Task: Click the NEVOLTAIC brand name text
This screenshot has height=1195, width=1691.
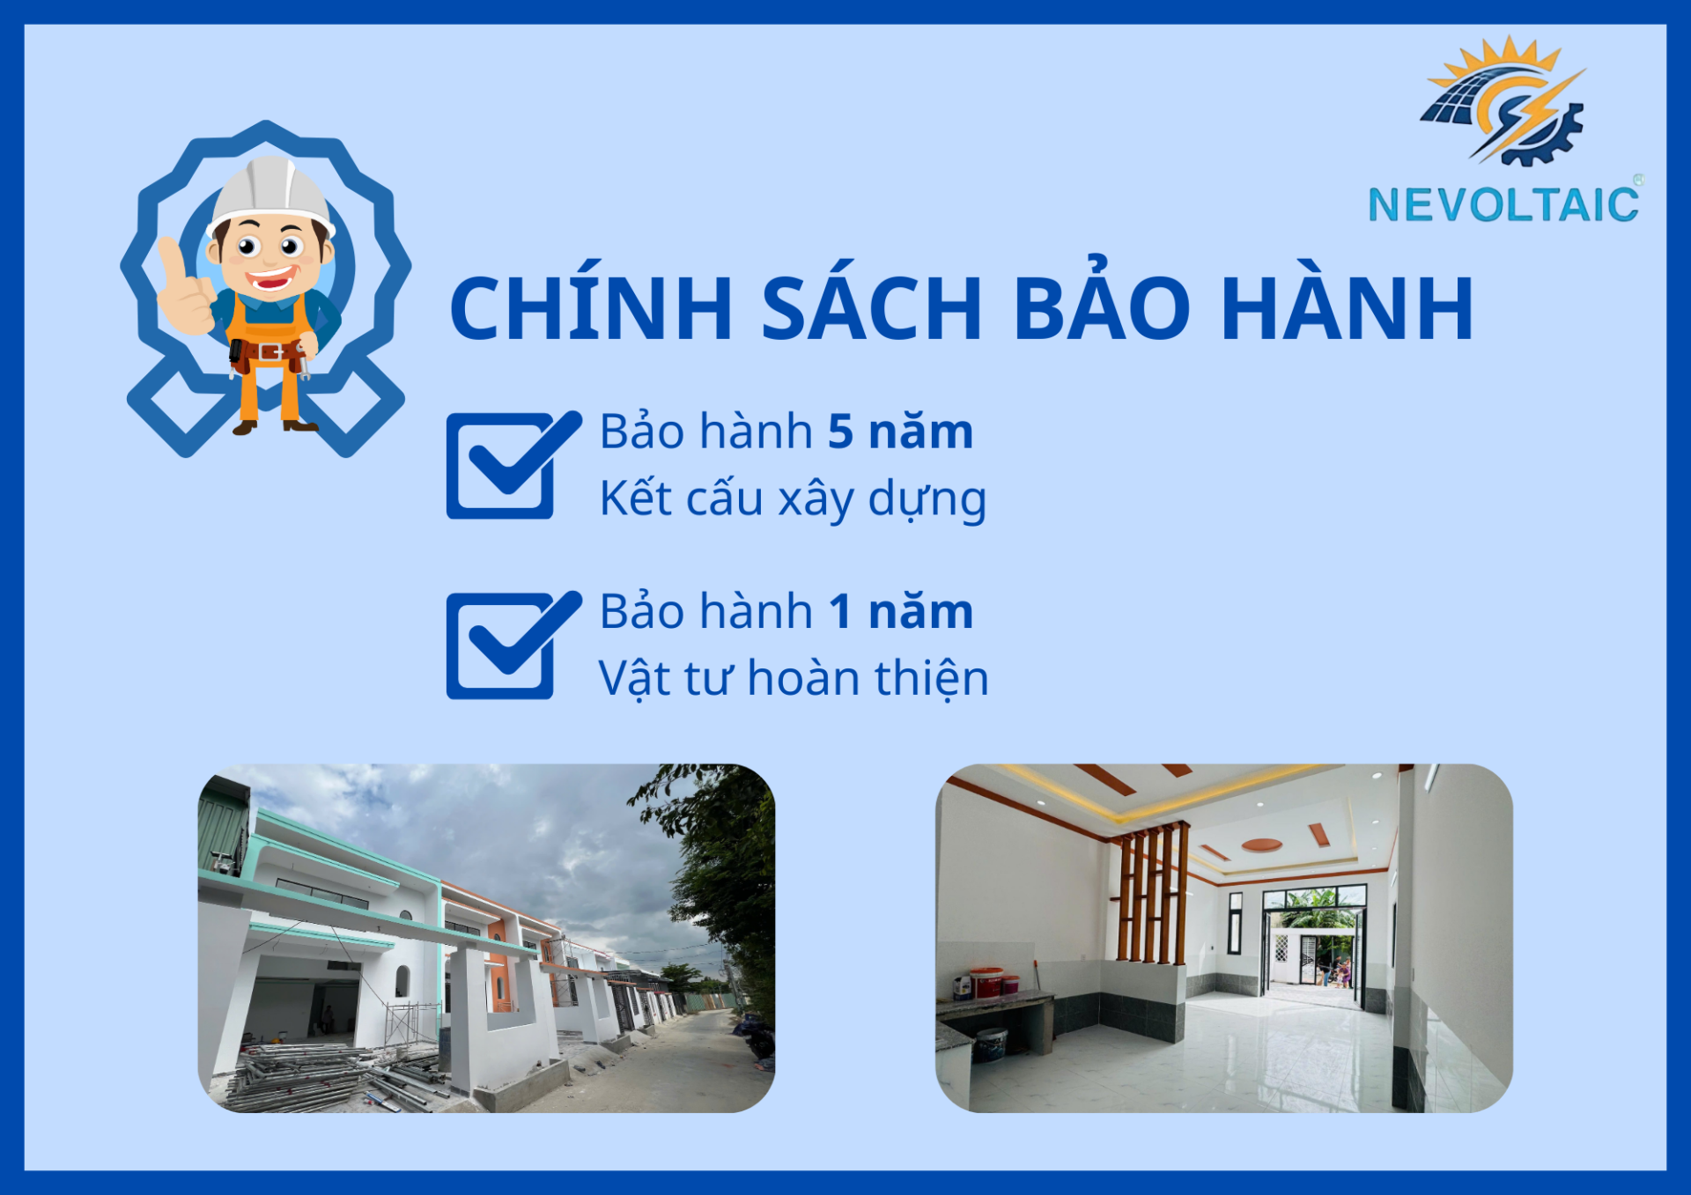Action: [1503, 204]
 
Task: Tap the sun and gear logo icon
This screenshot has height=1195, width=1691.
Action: [1504, 100]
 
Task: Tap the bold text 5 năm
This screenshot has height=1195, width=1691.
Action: [900, 432]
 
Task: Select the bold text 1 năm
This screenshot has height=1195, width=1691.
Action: [900, 611]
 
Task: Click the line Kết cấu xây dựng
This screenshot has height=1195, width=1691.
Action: [793, 499]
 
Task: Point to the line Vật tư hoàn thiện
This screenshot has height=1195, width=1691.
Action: [794, 679]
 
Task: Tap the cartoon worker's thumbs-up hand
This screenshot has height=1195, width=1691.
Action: [184, 287]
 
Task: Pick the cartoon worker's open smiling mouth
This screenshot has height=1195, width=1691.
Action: [270, 280]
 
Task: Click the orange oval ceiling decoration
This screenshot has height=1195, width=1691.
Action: [1261, 845]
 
